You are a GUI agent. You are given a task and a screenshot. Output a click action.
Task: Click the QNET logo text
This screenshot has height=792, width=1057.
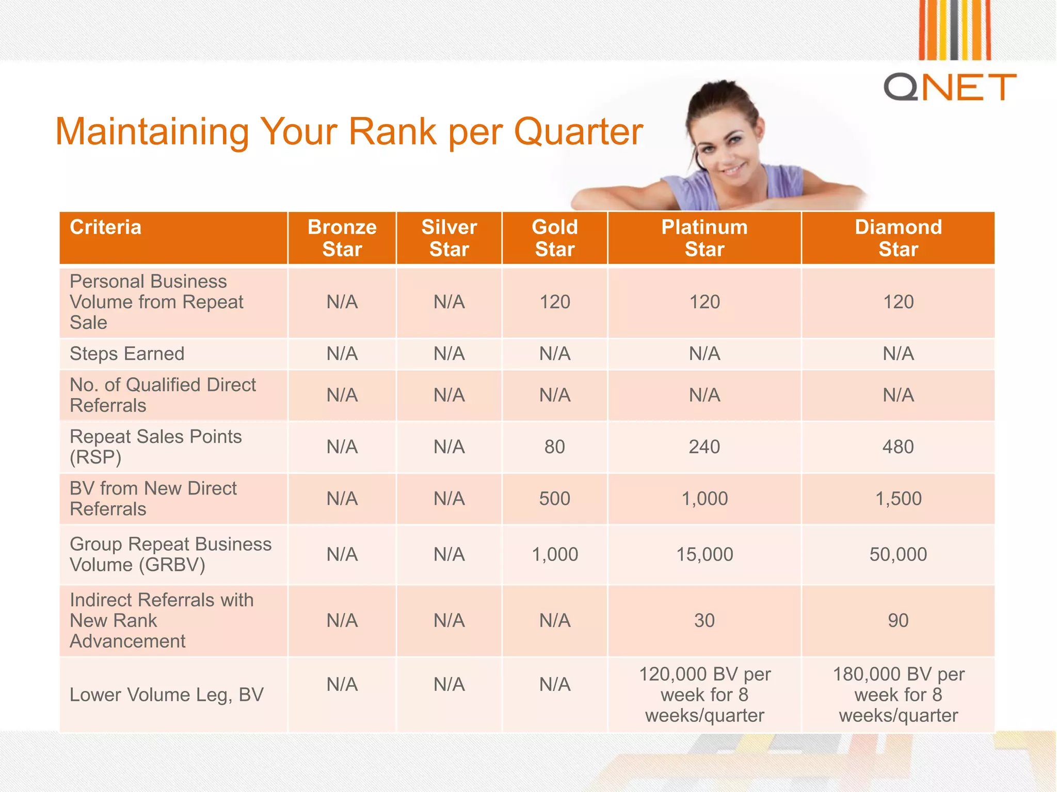pyautogui.click(x=950, y=87)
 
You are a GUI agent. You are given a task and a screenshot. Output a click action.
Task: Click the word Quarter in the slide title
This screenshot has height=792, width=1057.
pyautogui.click(x=578, y=131)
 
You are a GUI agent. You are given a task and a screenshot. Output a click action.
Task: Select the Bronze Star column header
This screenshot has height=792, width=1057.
pyautogui.click(x=342, y=238)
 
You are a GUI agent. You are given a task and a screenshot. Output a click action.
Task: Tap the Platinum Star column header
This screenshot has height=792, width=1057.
pyautogui.click(x=704, y=238)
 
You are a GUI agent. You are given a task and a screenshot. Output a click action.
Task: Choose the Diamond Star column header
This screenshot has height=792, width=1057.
pyautogui.click(x=898, y=238)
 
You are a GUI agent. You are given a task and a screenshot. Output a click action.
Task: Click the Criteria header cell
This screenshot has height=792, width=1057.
pyautogui.click(x=106, y=227)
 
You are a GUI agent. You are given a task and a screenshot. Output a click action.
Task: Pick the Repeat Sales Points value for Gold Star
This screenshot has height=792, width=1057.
pyautogui.click(x=554, y=447)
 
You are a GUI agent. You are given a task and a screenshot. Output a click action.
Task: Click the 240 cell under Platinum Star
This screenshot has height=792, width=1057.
pyautogui.click(x=704, y=447)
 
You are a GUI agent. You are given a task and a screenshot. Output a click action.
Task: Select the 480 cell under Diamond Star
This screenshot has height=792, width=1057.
pyautogui.click(x=898, y=447)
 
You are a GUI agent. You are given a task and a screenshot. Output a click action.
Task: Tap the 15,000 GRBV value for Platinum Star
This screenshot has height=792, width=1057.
pyautogui.click(x=704, y=554)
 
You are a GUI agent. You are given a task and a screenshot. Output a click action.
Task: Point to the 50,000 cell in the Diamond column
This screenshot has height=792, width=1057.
pyautogui.click(x=898, y=554)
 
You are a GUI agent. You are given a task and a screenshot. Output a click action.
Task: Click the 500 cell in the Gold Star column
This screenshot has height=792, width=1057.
pyautogui.click(x=554, y=499)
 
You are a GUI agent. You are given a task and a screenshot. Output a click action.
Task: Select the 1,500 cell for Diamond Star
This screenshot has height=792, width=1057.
pyautogui.click(x=898, y=499)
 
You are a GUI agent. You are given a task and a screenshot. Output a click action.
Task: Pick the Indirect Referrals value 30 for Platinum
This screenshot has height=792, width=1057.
pyautogui.click(x=704, y=620)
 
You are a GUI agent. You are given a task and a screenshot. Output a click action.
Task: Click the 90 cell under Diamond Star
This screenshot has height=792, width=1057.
pyautogui.click(x=898, y=620)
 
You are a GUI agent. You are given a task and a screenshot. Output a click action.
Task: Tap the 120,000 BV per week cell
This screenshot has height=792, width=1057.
pyautogui.click(x=704, y=695)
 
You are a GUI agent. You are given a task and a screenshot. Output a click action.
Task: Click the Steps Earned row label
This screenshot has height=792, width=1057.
pyautogui.click(x=127, y=354)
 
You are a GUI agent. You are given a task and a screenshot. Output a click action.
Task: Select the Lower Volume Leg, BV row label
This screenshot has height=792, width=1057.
pyautogui.click(x=166, y=695)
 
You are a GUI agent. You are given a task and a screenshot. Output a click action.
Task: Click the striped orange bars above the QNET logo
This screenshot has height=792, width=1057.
pyautogui.click(x=954, y=30)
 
